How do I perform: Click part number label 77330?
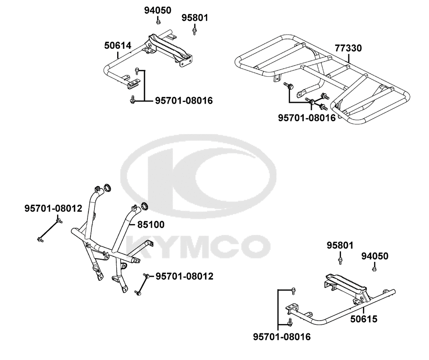click(x=348, y=48)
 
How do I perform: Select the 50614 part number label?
click(x=118, y=45)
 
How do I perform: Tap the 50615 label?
click(x=364, y=319)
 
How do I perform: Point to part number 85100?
click(x=151, y=225)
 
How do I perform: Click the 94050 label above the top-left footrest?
click(x=157, y=10)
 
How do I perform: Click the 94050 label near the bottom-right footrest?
click(x=375, y=256)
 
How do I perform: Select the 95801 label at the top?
click(x=195, y=18)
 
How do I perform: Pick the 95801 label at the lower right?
click(x=340, y=245)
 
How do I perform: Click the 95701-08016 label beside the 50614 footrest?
click(x=184, y=101)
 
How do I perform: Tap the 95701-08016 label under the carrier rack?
click(x=307, y=118)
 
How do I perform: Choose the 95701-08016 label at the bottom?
click(x=282, y=337)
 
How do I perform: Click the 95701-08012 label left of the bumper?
click(x=53, y=208)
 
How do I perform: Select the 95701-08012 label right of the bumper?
click(x=184, y=276)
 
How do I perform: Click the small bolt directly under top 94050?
click(x=158, y=21)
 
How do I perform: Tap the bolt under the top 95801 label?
click(x=194, y=30)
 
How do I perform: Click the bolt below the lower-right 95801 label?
click(x=340, y=261)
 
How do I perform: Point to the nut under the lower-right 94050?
click(x=374, y=269)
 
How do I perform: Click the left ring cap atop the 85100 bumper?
click(x=107, y=188)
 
